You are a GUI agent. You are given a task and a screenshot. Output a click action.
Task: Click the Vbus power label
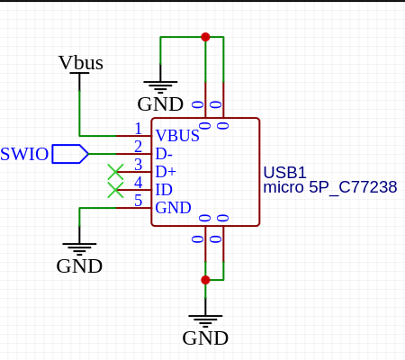pyautogui.click(x=81, y=63)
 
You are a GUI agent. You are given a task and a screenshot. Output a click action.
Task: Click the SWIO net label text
pyautogui.click(x=24, y=154)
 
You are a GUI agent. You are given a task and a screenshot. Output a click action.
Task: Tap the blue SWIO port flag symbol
pyautogui.click(x=70, y=154)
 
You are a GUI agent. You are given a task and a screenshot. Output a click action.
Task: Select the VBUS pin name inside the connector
pyautogui.click(x=177, y=136)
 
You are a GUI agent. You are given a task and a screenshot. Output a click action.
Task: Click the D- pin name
pyautogui.click(x=164, y=154)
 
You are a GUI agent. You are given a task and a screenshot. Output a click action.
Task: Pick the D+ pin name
pyautogui.click(x=166, y=172)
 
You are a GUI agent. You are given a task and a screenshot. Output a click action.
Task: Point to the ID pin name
pyautogui.click(x=164, y=190)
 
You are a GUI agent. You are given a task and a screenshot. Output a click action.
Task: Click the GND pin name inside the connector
pyautogui.click(x=173, y=208)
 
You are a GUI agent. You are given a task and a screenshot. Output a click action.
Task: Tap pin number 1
pyautogui.click(x=138, y=129)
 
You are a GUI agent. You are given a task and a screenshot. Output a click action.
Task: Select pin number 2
pyautogui.click(x=138, y=147)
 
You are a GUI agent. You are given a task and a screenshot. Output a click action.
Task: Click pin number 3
pyautogui.click(x=138, y=165)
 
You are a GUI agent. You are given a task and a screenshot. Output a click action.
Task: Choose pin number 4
pyautogui.click(x=138, y=183)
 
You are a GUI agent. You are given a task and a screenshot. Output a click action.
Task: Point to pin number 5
pyautogui.click(x=138, y=201)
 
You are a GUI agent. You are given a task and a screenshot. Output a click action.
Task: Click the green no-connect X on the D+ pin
pyautogui.click(x=115, y=172)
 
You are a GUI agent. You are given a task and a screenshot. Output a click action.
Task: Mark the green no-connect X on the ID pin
pyautogui.click(x=115, y=190)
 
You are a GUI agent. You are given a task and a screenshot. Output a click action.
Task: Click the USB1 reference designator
pyautogui.click(x=284, y=173)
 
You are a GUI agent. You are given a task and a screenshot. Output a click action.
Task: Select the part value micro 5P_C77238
pyautogui.click(x=330, y=187)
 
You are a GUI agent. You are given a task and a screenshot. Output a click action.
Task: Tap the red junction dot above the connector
pyautogui.click(x=205, y=37)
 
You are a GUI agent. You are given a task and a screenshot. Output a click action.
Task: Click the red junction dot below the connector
pyautogui.click(x=205, y=280)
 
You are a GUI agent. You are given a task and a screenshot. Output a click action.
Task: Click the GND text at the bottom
pyautogui.click(x=205, y=338)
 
